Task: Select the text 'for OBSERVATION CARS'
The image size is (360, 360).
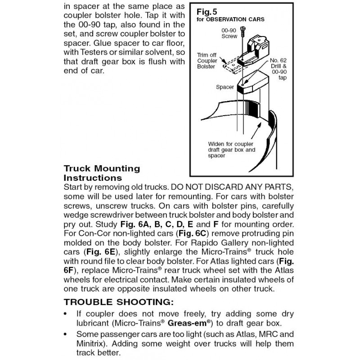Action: point(230,20)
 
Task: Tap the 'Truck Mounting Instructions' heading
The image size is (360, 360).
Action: point(102,173)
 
